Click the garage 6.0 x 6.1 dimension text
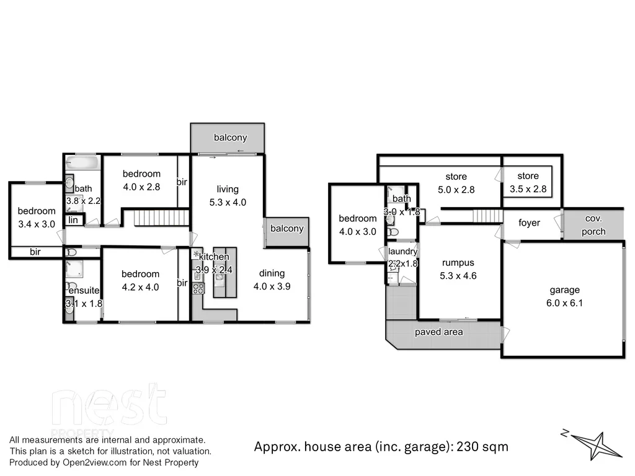click(x=564, y=303)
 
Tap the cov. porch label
click(x=593, y=225)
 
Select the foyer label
click(x=529, y=223)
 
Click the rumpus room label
click(x=459, y=263)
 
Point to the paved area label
click(x=438, y=332)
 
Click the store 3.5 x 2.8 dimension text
click(x=528, y=189)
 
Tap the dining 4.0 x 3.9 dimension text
click(x=272, y=286)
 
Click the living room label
click(x=228, y=189)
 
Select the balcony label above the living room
click(x=231, y=138)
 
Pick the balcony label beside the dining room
click(x=287, y=228)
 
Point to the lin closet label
click(x=73, y=219)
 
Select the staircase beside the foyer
click(x=487, y=215)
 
